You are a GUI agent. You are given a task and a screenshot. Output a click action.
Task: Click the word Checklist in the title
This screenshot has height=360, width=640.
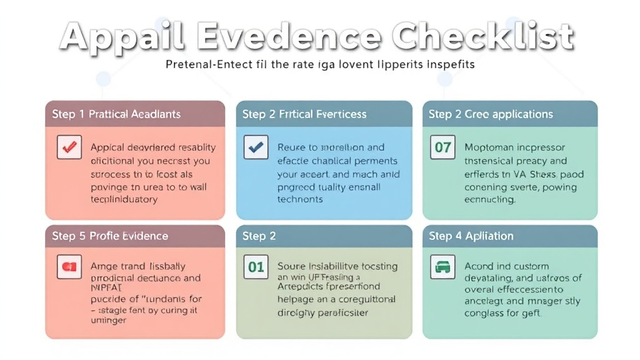(486, 37)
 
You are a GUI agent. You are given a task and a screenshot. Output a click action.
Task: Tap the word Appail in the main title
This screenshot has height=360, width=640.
(122, 37)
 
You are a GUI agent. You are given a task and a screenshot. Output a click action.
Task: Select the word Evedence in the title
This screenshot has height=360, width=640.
(289, 37)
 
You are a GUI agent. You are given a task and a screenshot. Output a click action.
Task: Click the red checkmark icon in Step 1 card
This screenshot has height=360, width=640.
(69, 147)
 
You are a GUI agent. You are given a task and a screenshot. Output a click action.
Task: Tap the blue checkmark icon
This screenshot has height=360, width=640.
(256, 147)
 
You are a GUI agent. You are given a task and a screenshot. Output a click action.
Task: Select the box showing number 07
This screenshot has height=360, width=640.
(442, 147)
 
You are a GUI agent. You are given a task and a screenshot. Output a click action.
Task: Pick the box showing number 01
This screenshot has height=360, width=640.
(256, 267)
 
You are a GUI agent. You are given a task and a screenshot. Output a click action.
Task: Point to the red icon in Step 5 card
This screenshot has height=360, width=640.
(69, 267)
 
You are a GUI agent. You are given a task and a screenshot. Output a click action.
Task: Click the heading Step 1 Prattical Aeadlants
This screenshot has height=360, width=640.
(116, 114)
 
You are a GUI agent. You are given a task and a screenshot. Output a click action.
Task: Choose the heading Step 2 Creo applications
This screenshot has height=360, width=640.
(491, 114)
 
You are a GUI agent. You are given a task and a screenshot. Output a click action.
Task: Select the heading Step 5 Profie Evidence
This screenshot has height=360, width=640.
(110, 236)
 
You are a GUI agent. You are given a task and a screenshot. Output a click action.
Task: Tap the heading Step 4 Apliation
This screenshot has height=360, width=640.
(471, 236)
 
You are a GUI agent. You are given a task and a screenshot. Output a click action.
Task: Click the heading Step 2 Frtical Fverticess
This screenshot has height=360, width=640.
(304, 114)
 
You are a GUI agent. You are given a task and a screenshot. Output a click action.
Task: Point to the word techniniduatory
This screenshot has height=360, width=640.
(124, 199)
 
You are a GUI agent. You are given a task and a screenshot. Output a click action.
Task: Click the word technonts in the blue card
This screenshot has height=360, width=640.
(300, 199)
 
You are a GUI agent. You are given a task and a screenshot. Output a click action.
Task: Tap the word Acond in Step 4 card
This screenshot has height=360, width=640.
(479, 266)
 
